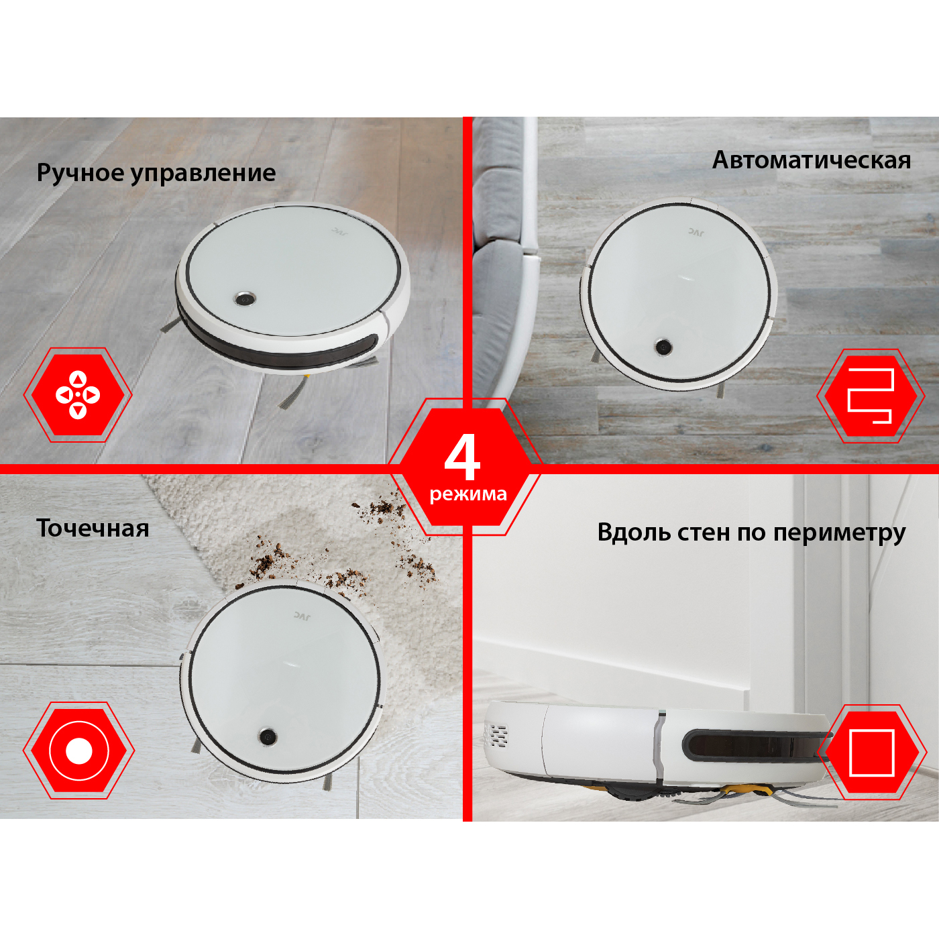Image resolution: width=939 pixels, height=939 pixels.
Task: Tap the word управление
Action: pos(204,174)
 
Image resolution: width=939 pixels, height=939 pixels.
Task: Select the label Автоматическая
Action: pos(812,160)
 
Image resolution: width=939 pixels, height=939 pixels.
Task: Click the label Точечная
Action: pos(93,529)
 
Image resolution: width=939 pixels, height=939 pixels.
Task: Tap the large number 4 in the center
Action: pos(462,459)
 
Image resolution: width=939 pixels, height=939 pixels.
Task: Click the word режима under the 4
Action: pos(467,494)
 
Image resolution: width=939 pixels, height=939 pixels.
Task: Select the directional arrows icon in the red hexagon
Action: pos(78,394)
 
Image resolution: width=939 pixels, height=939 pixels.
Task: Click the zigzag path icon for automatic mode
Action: pos(871,396)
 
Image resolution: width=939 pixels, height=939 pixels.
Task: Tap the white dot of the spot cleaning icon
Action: pos(78,751)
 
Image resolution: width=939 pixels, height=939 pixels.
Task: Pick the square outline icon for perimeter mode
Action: pos(872,753)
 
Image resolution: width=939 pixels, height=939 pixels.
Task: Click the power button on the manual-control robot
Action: pos(243,298)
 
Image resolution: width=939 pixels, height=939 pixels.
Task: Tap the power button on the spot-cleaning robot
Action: pos(268,736)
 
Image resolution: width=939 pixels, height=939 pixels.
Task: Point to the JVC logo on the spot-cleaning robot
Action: pos(302,616)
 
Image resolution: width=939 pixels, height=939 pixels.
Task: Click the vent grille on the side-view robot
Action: pos(496,735)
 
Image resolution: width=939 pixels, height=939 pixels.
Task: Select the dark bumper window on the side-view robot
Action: pos(755,745)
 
